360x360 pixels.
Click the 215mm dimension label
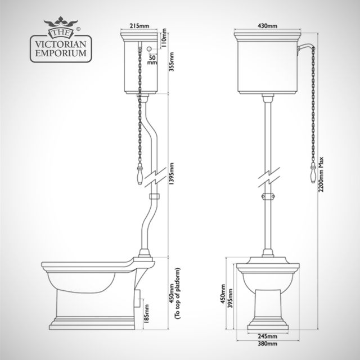click(140, 25)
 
